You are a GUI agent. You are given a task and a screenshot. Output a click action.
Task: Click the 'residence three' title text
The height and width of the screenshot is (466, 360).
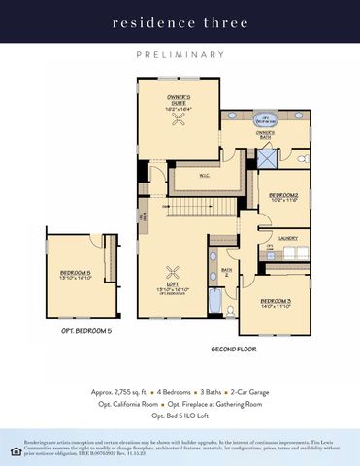[x=180, y=21]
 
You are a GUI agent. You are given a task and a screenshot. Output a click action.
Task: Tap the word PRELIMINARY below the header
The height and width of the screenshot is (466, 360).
[x=180, y=55]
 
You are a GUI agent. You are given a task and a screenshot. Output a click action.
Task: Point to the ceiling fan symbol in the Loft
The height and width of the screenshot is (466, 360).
[x=176, y=273]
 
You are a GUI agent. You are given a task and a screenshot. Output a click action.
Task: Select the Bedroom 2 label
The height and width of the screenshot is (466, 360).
[x=282, y=197]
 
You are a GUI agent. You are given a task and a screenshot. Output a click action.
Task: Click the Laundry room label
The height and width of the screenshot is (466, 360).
[x=288, y=237]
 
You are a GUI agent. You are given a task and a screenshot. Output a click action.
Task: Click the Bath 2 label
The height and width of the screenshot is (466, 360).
[x=227, y=272]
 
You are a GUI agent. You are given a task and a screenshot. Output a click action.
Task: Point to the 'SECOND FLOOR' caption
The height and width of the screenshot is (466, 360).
[x=235, y=349]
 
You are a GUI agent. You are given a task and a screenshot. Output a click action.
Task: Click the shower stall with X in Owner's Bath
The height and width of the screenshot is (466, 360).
[x=267, y=155]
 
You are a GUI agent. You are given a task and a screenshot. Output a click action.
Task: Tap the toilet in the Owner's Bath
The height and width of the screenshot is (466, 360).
[x=302, y=156]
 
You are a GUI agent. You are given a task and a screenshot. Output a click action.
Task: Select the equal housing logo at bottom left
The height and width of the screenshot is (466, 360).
[x=14, y=450]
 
